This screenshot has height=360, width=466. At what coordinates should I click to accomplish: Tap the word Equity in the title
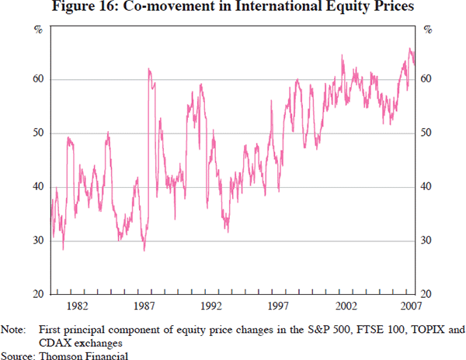click(348, 9)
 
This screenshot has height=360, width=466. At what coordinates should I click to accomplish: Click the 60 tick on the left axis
click(36, 79)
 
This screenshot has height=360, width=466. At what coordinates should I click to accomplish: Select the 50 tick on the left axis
click(36, 133)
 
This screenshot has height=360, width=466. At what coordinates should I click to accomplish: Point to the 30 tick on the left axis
click(36, 240)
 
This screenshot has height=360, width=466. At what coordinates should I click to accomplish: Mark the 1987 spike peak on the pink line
click(148, 69)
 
